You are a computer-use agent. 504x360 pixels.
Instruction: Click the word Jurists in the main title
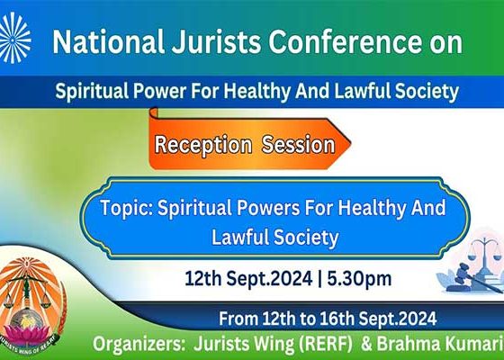216,42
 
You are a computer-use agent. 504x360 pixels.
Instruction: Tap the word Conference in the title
349,41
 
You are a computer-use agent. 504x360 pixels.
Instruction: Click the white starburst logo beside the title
14,38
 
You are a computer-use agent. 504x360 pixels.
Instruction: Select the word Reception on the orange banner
202,145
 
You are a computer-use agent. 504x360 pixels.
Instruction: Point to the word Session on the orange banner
298,145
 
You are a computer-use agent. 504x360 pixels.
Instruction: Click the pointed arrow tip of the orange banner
350,144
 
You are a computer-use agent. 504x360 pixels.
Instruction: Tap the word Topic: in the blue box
128,208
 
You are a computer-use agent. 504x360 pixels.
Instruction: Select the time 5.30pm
359,279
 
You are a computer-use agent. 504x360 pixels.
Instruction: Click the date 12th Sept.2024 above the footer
248,278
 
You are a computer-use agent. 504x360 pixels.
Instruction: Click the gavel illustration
475,275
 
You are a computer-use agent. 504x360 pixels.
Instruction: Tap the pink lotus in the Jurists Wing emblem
27,334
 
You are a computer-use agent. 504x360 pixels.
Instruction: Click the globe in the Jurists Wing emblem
27,319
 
